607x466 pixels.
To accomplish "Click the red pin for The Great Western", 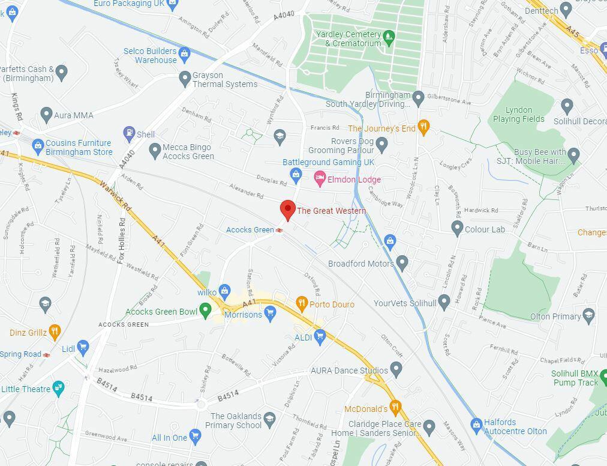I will [x=288, y=210].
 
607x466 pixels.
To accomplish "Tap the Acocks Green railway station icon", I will [x=280, y=230].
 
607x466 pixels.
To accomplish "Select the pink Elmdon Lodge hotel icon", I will [x=320, y=178].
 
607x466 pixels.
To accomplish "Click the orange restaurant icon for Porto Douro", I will [x=302, y=303].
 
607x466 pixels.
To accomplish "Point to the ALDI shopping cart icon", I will [x=320, y=337].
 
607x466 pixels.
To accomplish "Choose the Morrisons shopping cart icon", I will [x=270, y=312].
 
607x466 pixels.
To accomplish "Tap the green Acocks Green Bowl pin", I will [x=205, y=310].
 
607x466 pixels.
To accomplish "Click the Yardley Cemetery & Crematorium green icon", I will [x=389, y=38].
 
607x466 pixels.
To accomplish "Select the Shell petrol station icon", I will [x=129, y=133].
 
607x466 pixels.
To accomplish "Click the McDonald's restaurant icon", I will [x=395, y=407].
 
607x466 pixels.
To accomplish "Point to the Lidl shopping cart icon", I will [x=83, y=347].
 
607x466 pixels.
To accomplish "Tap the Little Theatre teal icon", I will [x=58, y=388].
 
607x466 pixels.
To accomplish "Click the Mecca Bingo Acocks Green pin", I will [x=155, y=150].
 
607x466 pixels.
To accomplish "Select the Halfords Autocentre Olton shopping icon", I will [x=476, y=425].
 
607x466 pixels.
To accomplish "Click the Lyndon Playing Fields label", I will [x=519, y=115].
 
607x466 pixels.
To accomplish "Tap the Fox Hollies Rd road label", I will [x=122, y=240].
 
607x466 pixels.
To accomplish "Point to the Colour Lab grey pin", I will [x=457, y=228].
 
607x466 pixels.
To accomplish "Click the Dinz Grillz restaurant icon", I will [x=55, y=331].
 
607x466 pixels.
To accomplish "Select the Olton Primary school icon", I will [x=588, y=315].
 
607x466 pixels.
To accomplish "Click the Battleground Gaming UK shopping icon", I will [x=295, y=175].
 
